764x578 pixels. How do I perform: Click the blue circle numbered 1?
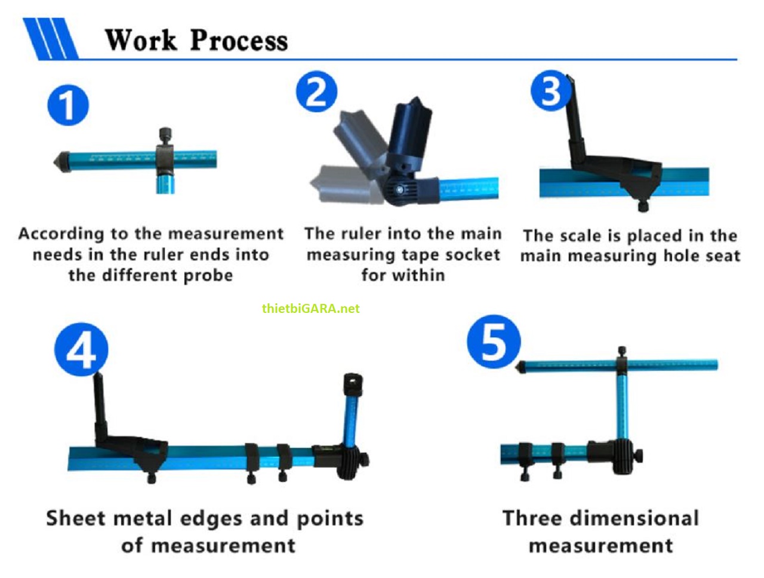[x=68, y=106]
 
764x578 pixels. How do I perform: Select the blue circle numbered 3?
[x=550, y=91]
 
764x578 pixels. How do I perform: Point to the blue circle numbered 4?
[x=81, y=349]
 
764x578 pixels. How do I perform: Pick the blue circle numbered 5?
[x=493, y=342]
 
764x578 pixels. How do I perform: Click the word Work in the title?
[x=141, y=41]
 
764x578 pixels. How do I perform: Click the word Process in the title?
[x=239, y=41]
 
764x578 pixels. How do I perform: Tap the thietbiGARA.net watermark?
[x=310, y=309]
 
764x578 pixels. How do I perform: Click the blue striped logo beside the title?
[x=51, y=39]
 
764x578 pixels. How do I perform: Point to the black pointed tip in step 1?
[x=60, y=162]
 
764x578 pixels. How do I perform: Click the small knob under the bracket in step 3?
[x=643, y=207]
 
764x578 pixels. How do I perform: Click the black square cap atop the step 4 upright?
[x=353, y=381]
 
